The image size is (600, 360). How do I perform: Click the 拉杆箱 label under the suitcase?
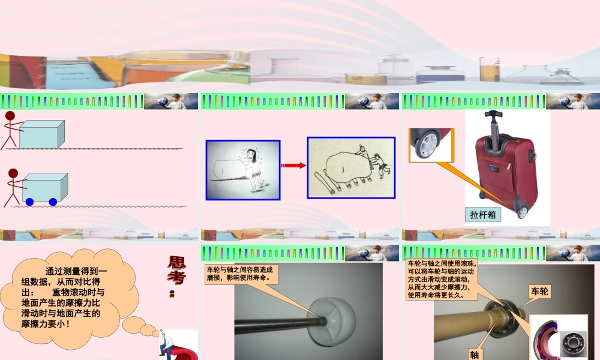[x=484, y=214]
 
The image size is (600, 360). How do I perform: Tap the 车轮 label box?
[x=540, y=292]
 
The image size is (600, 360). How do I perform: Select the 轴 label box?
[x=475, y=355]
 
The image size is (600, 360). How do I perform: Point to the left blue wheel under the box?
[x=29, y=202]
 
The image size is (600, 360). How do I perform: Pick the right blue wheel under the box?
[x=53, y=202]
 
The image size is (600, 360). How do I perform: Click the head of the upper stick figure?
[x=10, y=116]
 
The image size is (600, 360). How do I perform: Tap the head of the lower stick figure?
[x=13, y=173]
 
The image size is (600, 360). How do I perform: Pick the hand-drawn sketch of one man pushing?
[x=243, y=169]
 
